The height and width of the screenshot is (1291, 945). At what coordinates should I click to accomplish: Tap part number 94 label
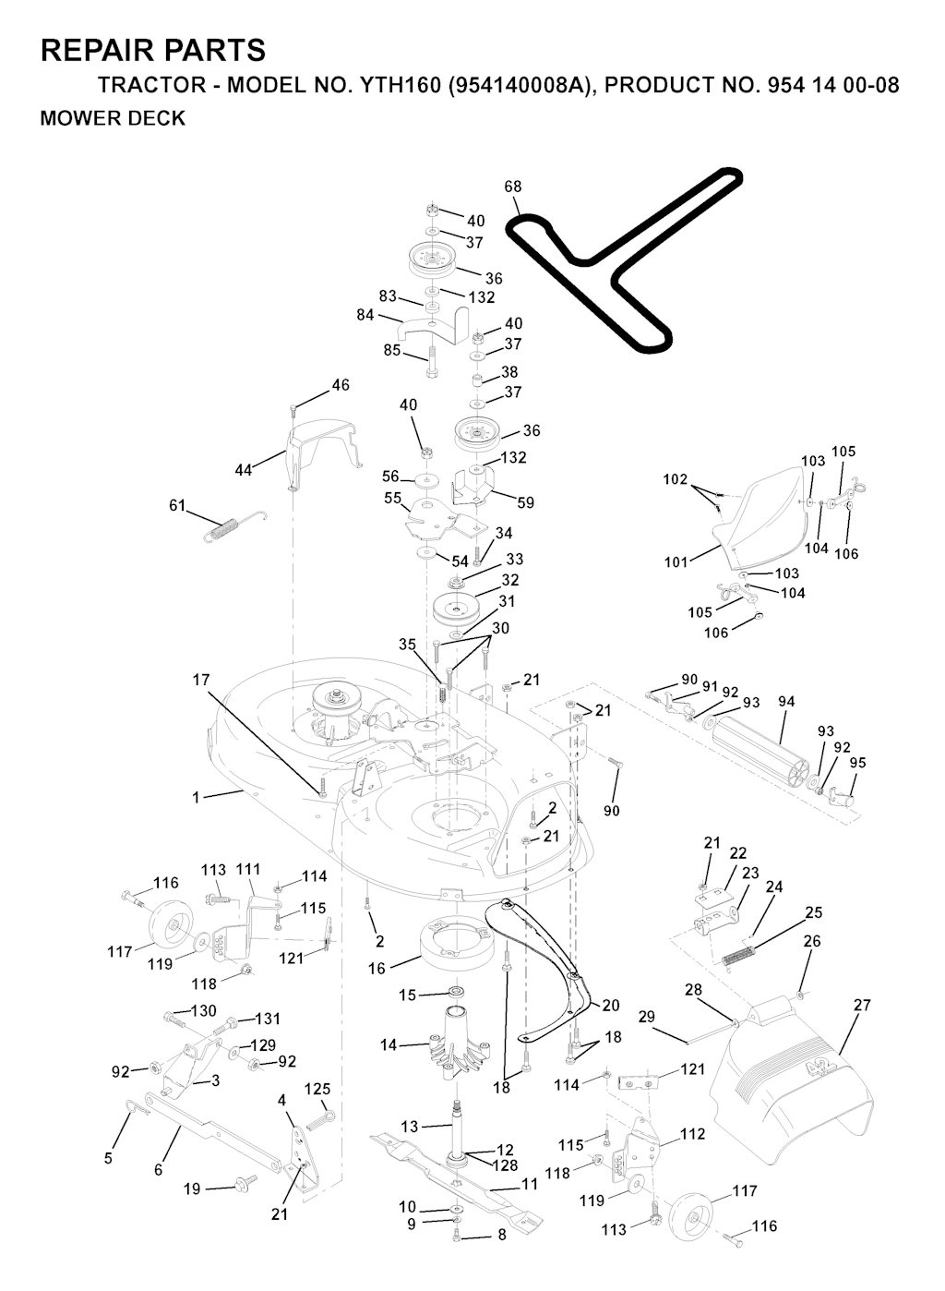coord(786,703)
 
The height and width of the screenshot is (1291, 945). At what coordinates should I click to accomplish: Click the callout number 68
coord(513,187)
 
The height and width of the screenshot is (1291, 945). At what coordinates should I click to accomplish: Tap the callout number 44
coord(244,470)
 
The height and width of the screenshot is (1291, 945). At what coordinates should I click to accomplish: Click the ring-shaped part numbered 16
coord(454,944)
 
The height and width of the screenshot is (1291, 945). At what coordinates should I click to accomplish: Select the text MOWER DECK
coord(113,118)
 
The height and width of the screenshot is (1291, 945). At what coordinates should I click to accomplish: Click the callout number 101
coord(676,561)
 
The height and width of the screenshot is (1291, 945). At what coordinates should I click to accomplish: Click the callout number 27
coord(862,1005)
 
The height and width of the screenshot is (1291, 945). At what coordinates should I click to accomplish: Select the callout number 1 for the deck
coord(196,797)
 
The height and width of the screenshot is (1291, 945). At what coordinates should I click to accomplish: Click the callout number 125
coord(317,1090)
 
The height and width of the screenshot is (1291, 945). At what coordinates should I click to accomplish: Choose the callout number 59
coord(525,502)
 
